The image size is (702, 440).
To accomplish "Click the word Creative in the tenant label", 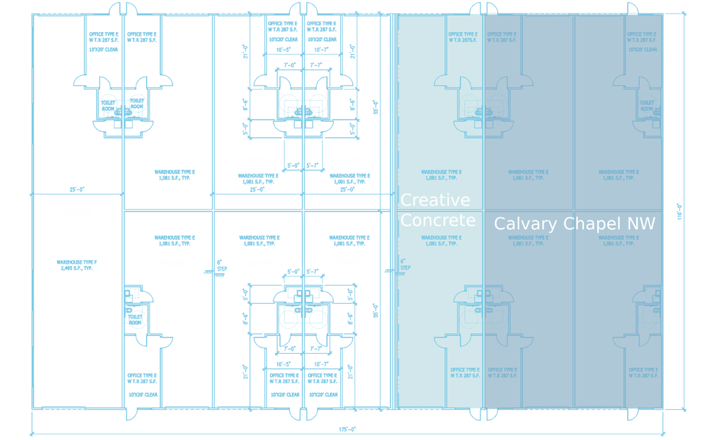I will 435,200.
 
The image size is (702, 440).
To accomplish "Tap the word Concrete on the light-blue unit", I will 437,220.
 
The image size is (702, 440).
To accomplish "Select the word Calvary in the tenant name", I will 525,223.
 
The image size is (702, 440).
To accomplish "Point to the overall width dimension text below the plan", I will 348,430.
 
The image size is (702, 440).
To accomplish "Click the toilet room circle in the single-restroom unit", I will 136,319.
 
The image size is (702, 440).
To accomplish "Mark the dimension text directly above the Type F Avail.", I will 77,189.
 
